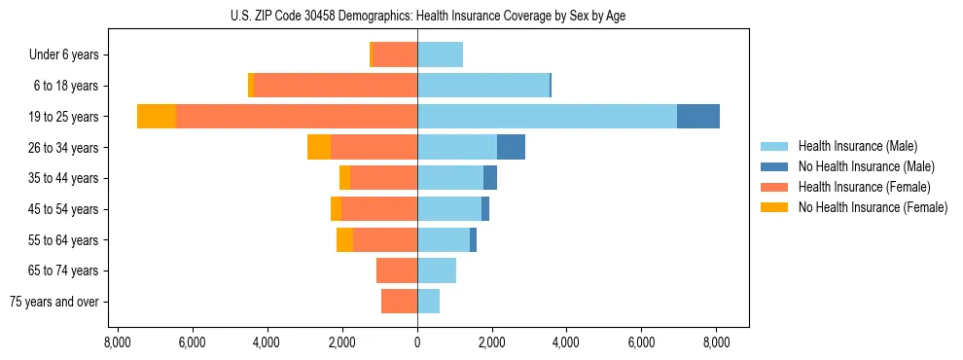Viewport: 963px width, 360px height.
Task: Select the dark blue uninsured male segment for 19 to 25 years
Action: pos(697,117)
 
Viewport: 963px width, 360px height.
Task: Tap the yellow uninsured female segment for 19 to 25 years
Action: pos(157,117)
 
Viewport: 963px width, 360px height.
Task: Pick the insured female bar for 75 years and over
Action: pos(399,302)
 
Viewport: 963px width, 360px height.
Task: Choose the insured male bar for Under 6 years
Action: pos(440,54)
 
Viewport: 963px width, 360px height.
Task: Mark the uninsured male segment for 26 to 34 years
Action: pos(511,147)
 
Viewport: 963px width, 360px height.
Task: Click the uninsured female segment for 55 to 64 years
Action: pos(344,239)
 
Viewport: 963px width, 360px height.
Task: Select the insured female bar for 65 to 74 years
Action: pos(397,270)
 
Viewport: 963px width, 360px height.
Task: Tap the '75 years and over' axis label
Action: pos(53,302)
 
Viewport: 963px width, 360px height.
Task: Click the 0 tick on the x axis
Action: pos(417,342)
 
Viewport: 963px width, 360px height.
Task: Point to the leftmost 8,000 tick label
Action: pos(117,342)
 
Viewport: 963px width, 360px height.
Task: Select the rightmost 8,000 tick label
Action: pos(717,342)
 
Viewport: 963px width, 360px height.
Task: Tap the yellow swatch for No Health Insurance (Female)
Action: pos(775,207)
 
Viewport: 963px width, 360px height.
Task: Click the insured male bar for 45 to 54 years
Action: pos(449,209)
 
